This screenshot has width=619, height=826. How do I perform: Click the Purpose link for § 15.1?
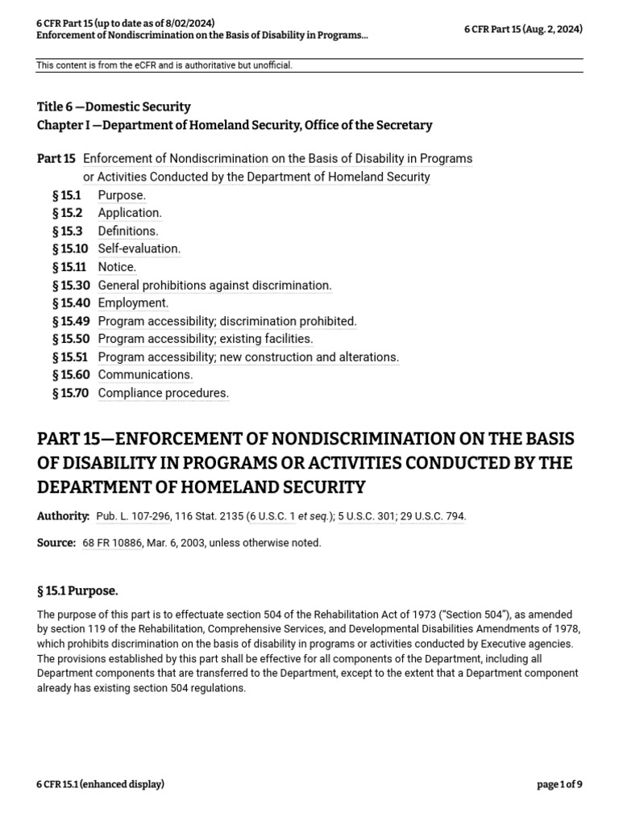tap(122, 195)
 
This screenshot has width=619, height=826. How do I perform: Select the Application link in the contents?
tap(130, 213)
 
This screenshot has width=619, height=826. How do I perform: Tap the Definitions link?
tap(128, 231)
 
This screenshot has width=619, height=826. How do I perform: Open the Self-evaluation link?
tap(139, 248)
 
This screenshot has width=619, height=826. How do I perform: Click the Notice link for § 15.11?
tap(117, 267)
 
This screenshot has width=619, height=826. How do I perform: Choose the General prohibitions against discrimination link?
tap(214, 285)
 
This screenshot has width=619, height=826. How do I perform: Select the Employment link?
tap(133, 302)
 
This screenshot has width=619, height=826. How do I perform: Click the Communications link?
tap(145, 374)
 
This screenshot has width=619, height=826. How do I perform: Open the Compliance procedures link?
tap(164, 393)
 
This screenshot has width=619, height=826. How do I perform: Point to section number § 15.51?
tap(70, 357)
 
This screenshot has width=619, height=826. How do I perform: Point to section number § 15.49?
tap(70, 321)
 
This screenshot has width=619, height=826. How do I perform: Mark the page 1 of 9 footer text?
tap(559, 784)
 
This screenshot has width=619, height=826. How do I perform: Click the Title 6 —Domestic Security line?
tap(114, 106)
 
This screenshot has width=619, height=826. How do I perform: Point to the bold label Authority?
tap(63, 515)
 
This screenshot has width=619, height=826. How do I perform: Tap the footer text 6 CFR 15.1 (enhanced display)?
tap(100, 784)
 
